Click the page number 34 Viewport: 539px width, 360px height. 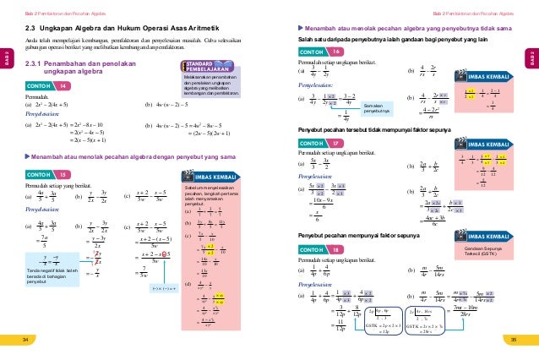coord(25,338)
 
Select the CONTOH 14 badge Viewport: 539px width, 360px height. coord(48,86)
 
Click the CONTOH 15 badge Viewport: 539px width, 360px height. coord(48,175)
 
